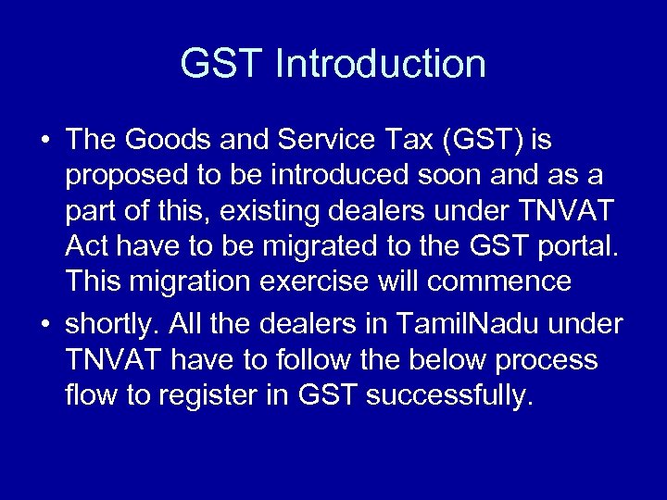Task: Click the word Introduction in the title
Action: pyautogui.click(x=381, y=64)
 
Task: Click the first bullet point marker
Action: pyautogui.click(x=44, y=141)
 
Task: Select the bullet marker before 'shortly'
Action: pyautogui.click(x=44, y=326)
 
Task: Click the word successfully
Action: pyautogui.click(x=451, y=396)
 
